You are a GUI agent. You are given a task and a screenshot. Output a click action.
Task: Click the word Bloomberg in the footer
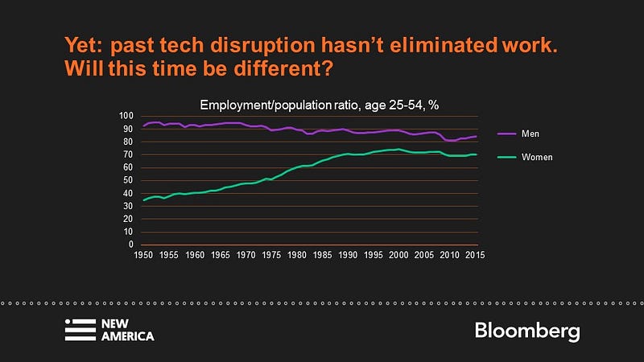[x=526, y=331]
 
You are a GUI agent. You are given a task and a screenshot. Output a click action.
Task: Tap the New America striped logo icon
[x=79, y=331]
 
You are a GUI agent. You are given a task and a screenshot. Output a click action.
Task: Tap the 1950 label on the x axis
[x=142, y=254]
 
